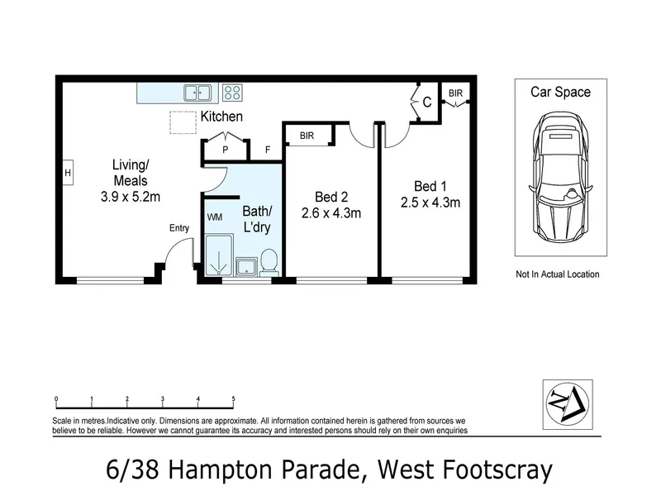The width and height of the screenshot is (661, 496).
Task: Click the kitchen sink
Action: coord(197,93)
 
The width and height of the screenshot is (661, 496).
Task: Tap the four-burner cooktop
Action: coord(232,93)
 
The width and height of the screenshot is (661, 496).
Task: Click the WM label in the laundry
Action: coord(215,217)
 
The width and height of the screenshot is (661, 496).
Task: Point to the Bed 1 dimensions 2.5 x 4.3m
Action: coord(430,203)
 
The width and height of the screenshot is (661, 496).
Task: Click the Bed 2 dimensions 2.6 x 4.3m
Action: coord(331,213)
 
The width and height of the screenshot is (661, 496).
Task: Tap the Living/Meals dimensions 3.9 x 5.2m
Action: coord(131,197)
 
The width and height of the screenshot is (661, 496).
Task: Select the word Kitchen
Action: coord(221,117)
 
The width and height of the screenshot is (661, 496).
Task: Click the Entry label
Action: coord(179,228)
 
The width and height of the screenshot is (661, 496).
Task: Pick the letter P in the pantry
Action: coord(225,150)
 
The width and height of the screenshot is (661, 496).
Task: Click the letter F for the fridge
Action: coord(267,150)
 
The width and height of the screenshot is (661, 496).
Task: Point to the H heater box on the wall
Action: coord(68,173)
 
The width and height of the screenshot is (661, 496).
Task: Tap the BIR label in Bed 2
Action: coord(307,136)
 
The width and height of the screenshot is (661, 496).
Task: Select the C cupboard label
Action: coord(426,102)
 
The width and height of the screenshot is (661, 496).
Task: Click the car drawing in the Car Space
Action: coord(561,177)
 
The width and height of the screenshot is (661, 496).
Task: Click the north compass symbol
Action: coord(568,404)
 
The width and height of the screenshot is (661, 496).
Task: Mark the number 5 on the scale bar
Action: coord(233,398)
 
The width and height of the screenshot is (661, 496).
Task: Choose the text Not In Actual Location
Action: coord(557,274)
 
